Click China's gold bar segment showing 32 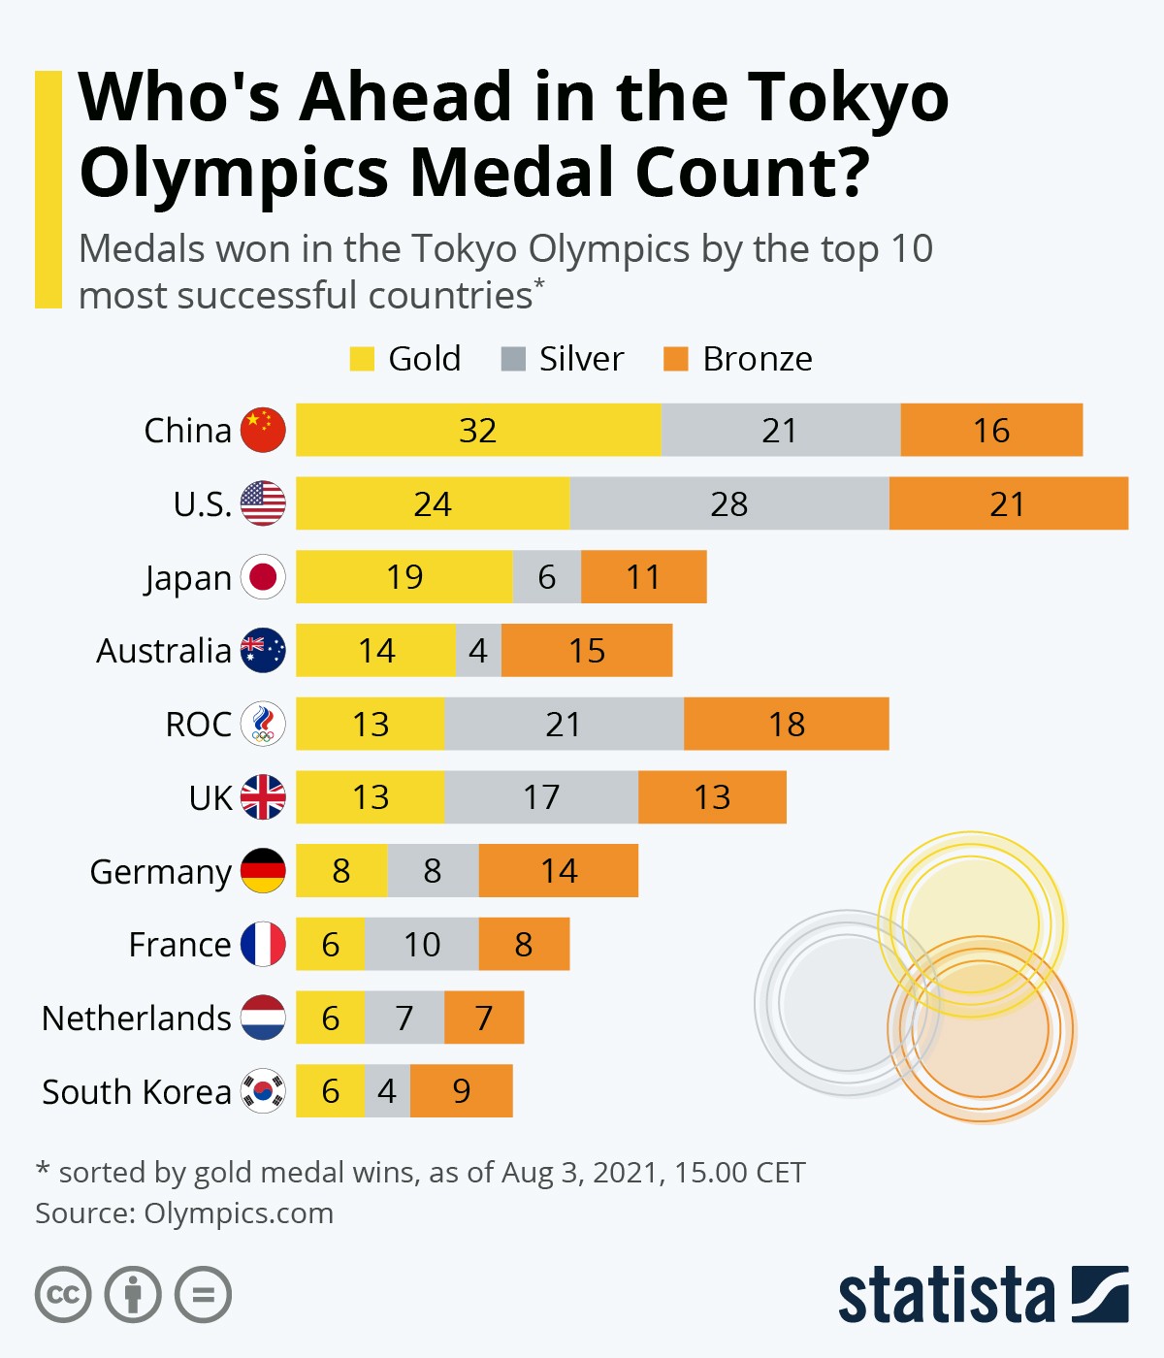pos(478,430)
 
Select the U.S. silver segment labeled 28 pos(729,503)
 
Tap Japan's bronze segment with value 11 pos(643,577)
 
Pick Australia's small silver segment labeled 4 pos(478,651)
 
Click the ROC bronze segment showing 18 pos(786,724)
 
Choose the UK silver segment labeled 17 pos(541,797)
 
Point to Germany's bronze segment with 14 pos(559,871)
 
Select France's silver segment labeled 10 pos(422,944)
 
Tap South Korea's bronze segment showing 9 pos(462,1091)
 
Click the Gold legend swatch pos(362,359)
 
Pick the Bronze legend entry pos(757,359)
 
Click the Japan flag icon pos(263,577)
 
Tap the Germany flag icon pos(263,871)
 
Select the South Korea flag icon pos(263,1091)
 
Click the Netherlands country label pos(137,1018)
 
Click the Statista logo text pos(946,1295)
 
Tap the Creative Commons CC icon pos(63,1295)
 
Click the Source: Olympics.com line pos(184,1213)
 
